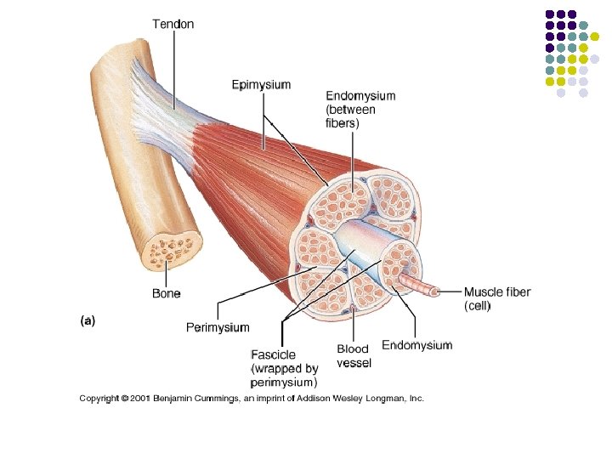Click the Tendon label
coord(173,24)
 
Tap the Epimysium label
coord(261,85)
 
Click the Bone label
coord(166,293)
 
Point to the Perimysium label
coord(218,327)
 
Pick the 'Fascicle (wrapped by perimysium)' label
coord(285,368)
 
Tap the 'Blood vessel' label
coord(354,356)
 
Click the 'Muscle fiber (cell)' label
coord(496,298)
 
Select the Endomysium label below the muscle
coord(416,345)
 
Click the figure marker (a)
coord(88,320)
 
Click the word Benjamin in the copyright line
coord(178,398)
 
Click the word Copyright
coord(99,398)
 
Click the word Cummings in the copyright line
coord(223,398)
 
